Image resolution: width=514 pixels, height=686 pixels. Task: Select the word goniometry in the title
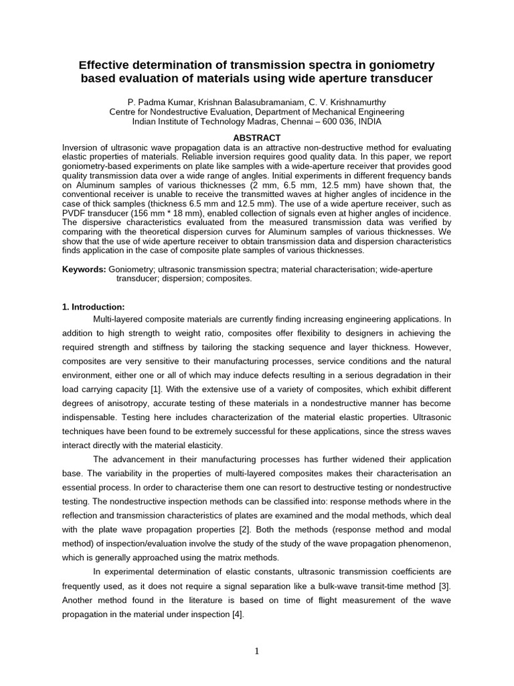click(x=399, y=65)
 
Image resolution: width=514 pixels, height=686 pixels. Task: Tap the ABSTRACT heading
click(x=256, y=137)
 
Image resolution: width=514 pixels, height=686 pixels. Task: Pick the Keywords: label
click(x=84, y=269)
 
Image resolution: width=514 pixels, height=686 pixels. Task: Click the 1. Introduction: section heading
click(x=93, y=307)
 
